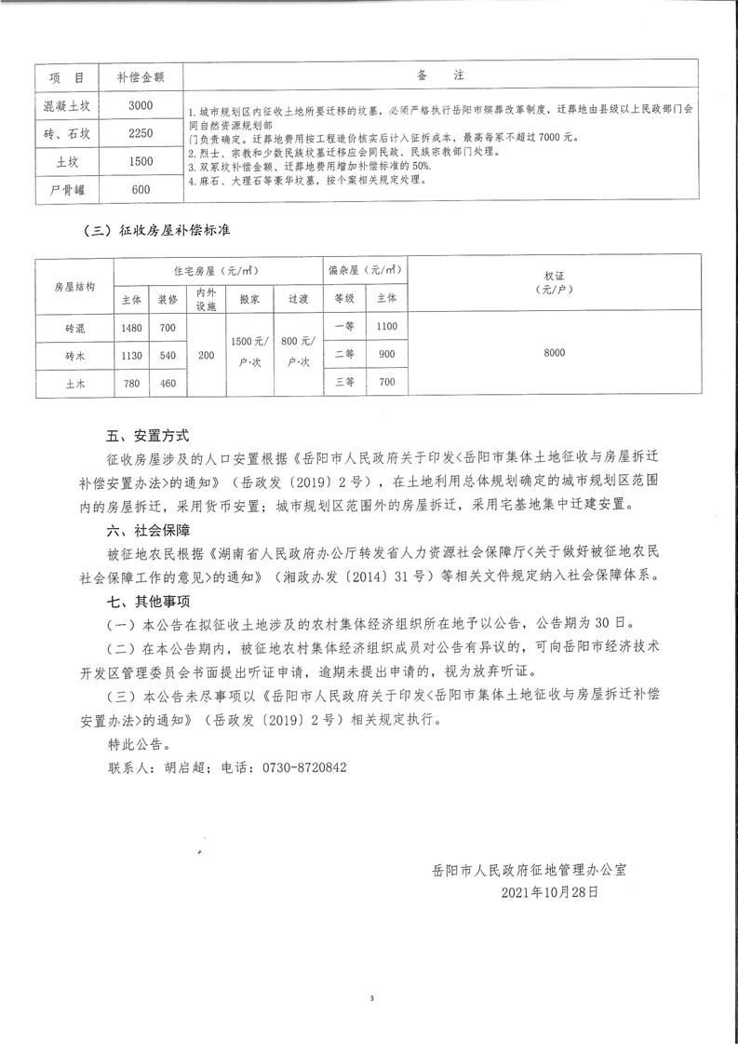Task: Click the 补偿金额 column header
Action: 141,76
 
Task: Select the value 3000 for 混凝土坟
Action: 141,105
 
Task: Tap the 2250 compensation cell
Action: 141,133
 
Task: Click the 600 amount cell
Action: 141,190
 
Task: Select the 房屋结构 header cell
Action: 74,287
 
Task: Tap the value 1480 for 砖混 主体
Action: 130,328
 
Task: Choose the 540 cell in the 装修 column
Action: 168,355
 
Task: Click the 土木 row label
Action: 74,382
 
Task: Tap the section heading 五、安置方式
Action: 148,435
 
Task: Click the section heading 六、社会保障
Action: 148,530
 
